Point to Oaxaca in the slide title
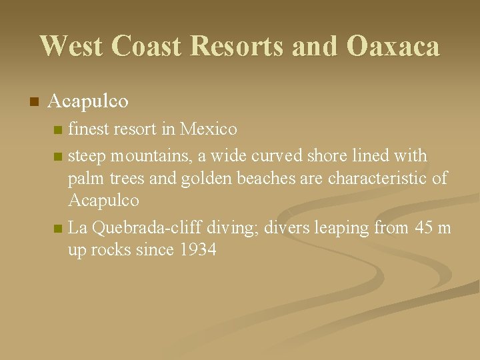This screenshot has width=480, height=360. click(x=393, y=46)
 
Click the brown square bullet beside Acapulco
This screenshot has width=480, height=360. click(x=34, y=102)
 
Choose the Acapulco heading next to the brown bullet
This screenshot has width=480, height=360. click(x=88, y=101)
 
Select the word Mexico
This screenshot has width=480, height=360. click(x=209, y=128)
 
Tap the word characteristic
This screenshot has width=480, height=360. click(x=379, y=179)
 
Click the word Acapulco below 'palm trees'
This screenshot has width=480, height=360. click(x=103, y=201)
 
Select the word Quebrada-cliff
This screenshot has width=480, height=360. click(x=146, y=228)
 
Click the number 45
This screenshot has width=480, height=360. click(x=424, y=228)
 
